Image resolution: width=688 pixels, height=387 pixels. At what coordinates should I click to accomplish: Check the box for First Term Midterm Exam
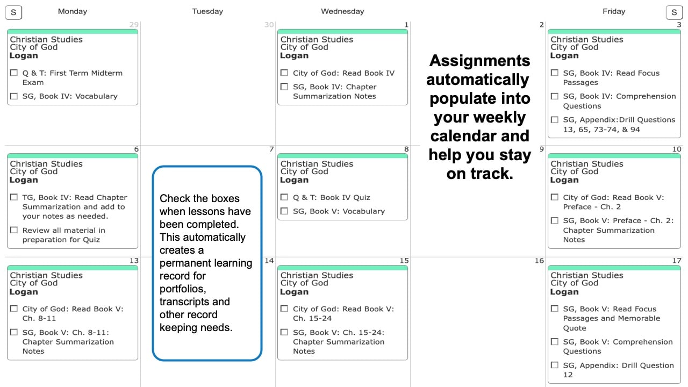[x=14, y=73]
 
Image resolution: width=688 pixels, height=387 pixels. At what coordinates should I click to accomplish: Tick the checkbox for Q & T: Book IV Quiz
[x=284, y=197]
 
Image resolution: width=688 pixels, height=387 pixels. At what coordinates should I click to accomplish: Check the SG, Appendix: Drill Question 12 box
[x=554, y=365]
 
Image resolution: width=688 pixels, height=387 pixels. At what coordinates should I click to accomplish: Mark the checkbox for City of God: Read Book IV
[x=284, y=73]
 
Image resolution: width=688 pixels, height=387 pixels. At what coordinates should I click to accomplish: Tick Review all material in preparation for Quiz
[x=14, y=230]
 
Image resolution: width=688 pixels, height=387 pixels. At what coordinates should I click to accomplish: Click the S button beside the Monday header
[x=13, y=12]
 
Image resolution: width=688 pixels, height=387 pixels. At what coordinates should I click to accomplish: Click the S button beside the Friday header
[x=674, y=12]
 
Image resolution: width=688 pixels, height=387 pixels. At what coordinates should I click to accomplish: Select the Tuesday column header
[x=207, y=11]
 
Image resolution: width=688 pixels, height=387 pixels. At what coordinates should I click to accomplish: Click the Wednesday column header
[x=342, y=11]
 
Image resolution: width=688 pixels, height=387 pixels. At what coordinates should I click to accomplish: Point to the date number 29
[x=134, y=25]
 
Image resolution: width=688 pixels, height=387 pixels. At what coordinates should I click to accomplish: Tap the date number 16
[x=539, y=261]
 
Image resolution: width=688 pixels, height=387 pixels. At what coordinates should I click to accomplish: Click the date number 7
[x=271, y=149]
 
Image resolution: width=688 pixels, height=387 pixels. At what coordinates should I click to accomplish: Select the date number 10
[x=677, y=149]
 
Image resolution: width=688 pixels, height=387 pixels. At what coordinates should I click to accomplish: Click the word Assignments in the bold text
[x=479, y=61]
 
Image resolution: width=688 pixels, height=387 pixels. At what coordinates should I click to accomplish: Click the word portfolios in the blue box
[x=183, y=289]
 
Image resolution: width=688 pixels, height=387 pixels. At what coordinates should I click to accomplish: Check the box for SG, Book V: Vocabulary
[x=284, y=211]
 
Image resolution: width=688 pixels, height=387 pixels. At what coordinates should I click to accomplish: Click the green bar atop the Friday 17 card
[x=614, y=268]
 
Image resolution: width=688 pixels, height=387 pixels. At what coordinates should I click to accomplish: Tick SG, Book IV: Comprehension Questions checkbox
[x=554, y=96]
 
